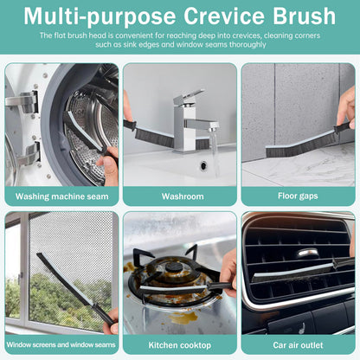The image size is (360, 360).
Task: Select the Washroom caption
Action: pyautogui.click(x=182, y=196)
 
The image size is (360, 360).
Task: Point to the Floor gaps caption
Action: pyautogui.click(x=298, y=196)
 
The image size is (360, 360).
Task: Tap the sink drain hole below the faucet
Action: pyautogui.click(x=204, y=164)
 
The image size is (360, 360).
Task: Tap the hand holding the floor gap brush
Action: pyautogui.click(x=346, y=108)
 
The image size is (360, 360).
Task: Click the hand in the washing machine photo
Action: pyautogui.click(x=110, y=164)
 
